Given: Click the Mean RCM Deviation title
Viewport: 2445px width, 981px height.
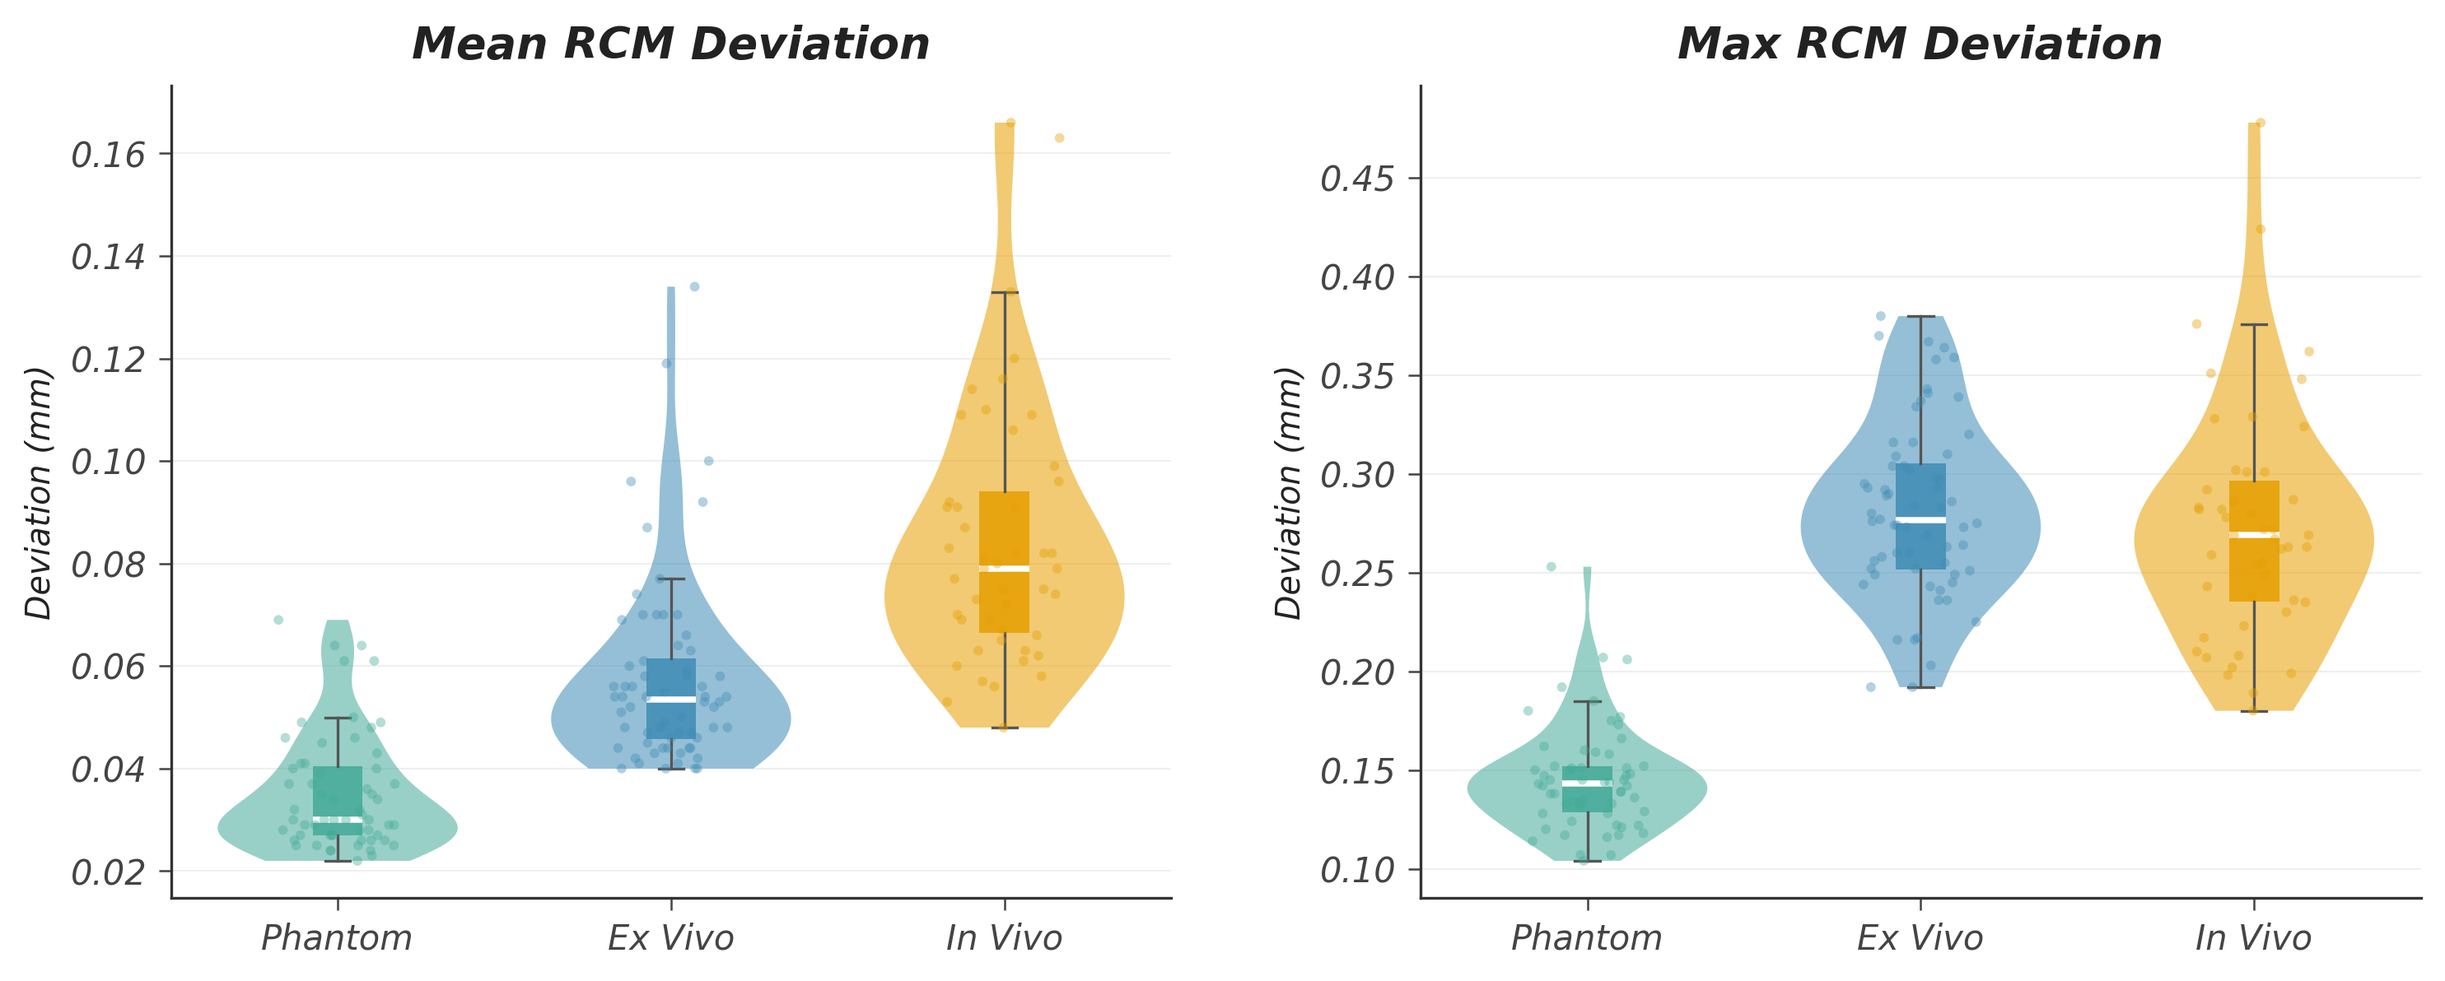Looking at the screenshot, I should click(x=670, y=44).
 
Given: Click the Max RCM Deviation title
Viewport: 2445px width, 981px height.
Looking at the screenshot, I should click(x=1919, y=44).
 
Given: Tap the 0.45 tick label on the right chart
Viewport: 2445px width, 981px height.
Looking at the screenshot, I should click(x=1357, y=179).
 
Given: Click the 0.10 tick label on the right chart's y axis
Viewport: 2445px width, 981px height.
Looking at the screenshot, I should click(x=1357, y=870).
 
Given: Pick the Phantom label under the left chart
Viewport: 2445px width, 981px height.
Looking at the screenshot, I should click(x=336, y=938).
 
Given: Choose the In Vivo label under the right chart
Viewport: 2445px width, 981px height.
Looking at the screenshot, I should click(x=2253, y=938).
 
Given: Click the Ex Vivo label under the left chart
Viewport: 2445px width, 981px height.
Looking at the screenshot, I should click(x=670, y=938).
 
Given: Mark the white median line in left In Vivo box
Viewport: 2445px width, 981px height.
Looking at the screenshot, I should click(x=1004, y=569).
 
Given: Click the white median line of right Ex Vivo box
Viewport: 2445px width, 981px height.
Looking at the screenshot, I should click(x=1920, y=520).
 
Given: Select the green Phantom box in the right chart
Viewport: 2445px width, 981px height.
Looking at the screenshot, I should click(x=1587, y=797).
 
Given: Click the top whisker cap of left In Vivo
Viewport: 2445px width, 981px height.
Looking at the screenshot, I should click(x=1004, y=292).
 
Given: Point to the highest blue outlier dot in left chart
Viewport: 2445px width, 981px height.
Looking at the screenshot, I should click(x=694, y=286).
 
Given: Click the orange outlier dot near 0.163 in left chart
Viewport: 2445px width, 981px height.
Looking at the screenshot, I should click(x=1059, y=138).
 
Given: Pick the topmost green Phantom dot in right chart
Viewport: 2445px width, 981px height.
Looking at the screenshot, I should click(x=1551, y=566).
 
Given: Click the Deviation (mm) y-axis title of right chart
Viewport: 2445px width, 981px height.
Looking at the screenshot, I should click(x=1288, y=492).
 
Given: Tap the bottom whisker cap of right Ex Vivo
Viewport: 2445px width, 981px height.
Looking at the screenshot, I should click(x=1920, y=687).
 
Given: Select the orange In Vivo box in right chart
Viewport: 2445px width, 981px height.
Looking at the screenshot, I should click(x=2254, y=570).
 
